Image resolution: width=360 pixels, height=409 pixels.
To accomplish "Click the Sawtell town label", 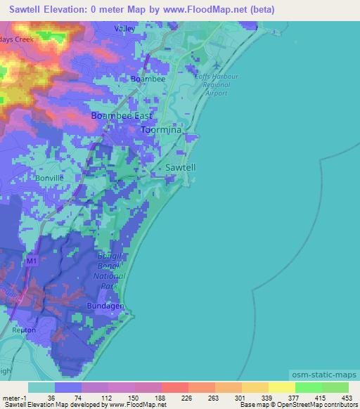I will [181, 167].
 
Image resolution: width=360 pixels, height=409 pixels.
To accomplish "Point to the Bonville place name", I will [49, 178].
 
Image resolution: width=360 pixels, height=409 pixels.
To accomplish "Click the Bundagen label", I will [106, 308].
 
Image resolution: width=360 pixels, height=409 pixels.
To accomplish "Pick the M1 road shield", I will [31, 261].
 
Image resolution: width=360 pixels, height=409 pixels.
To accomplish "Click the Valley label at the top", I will [124, 28].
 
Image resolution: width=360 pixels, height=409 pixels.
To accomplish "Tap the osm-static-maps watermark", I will [323, 377].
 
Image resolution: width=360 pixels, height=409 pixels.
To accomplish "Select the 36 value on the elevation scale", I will [51, 397].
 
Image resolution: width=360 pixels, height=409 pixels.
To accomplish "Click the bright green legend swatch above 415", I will [308, 387].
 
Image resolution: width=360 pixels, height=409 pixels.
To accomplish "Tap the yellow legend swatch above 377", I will [281, 387].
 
